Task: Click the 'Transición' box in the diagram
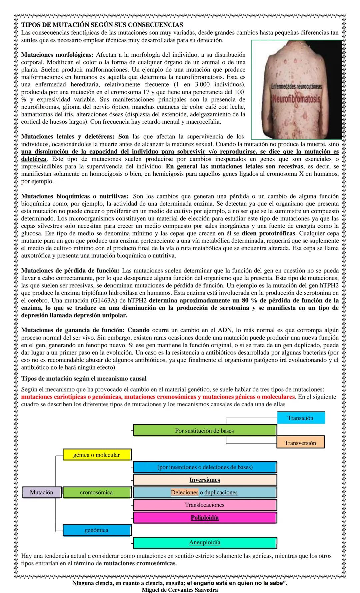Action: coord(301,418)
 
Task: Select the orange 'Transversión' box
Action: coord(300,443)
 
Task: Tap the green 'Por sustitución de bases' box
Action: coord(205,430)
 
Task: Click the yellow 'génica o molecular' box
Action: coord(97,455)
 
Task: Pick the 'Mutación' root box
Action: coord(42,492)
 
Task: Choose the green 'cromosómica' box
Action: coord(97,492)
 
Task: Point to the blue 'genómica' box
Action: coord(97,530)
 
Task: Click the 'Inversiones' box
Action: coord(205,480)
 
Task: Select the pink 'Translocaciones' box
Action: coord(205,505)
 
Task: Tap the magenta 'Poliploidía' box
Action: coord(205,517)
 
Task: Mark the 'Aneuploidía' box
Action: coord(205,542)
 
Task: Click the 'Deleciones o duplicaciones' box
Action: coord(205,492)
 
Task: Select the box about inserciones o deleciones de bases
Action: coord(205,467)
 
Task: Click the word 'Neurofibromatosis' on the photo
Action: coord(296,99)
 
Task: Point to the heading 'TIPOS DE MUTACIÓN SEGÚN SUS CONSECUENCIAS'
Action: coord(102,25)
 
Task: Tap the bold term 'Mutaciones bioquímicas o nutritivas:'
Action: coord(75,196)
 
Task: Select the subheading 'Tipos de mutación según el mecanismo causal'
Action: coord(84,379)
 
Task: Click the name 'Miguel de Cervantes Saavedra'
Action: coord(180,590)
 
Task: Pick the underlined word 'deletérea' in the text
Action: coord(34,159)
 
